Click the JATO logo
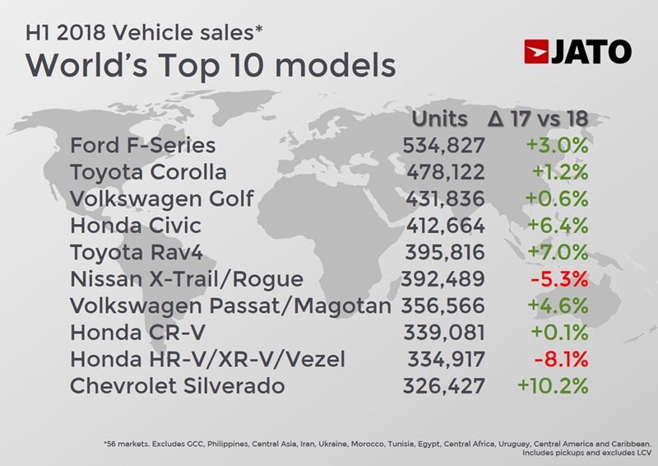click(577, 51)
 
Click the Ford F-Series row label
click(143, 146)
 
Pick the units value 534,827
click(444, 146)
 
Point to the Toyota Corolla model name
click(149, 172)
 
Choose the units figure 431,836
click(444, 199)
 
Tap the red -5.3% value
click(559, 279)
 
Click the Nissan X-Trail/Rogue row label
click(187, 279)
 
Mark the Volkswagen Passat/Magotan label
click(230, 305)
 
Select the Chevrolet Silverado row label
click(178, 385)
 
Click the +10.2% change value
click(553, 385)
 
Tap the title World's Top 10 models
click(200, 65)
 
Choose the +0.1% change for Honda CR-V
click(558, 332)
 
